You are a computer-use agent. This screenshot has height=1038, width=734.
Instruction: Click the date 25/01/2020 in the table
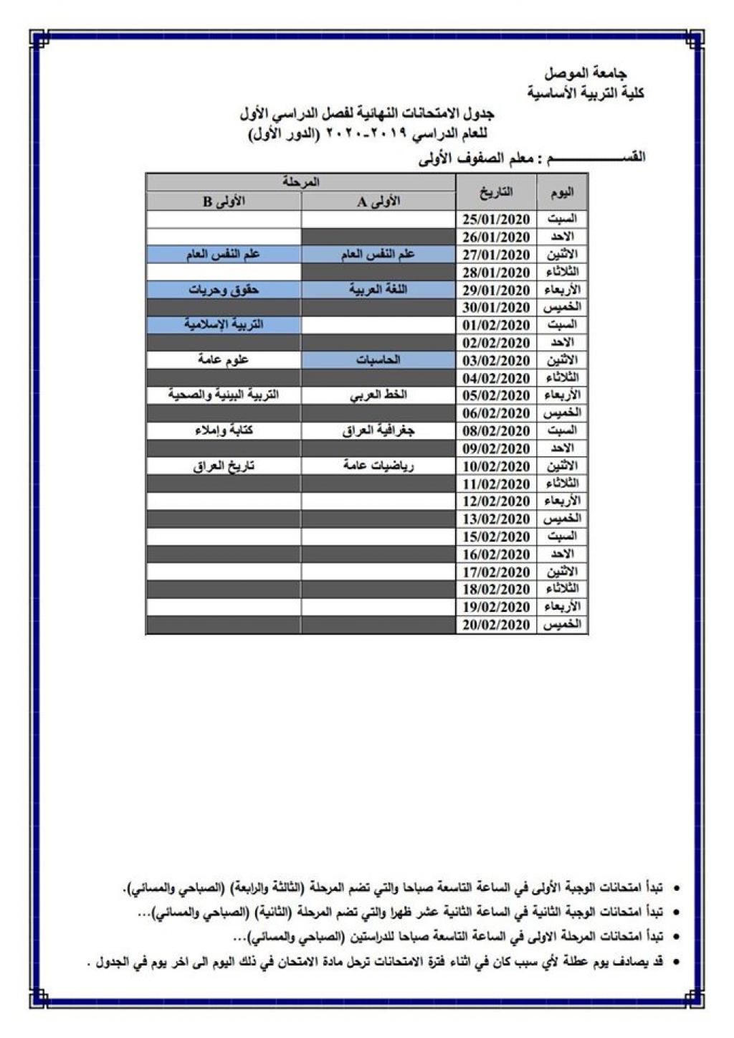(x=496, y=220)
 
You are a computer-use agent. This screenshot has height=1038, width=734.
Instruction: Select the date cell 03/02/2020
(x=496, y=361)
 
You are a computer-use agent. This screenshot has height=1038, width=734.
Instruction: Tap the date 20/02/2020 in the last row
(x=496, y=626)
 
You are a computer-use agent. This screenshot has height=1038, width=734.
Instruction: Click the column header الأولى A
(x=378, y=202)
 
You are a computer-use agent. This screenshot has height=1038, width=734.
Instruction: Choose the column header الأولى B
(x=223, y=202)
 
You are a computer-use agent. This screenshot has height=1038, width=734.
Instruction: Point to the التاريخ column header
(x=496, y=192)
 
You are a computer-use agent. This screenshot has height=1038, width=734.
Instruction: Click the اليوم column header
(x=562, y=192)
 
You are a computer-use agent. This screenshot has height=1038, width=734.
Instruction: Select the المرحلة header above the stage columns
(x=301, y=182)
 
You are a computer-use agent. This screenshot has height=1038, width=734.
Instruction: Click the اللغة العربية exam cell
(x=378, y=290)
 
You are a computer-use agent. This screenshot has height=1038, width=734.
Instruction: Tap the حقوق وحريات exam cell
(x=223, y=290)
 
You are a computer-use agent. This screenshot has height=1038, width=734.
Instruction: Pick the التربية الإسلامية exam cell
(x=223, y=325)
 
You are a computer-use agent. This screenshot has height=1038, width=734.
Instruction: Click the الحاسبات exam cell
(x=378, y=360)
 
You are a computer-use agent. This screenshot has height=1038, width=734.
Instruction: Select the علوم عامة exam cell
(x=223, y=360)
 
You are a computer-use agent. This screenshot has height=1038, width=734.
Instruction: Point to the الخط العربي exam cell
(x=378, y=395)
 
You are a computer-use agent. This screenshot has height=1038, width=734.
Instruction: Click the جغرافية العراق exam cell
(x=378, y=430)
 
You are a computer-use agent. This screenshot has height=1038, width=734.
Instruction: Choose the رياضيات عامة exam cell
(x=378, y=466)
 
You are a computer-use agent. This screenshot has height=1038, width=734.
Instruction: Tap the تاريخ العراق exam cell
(x=223, y=466)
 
